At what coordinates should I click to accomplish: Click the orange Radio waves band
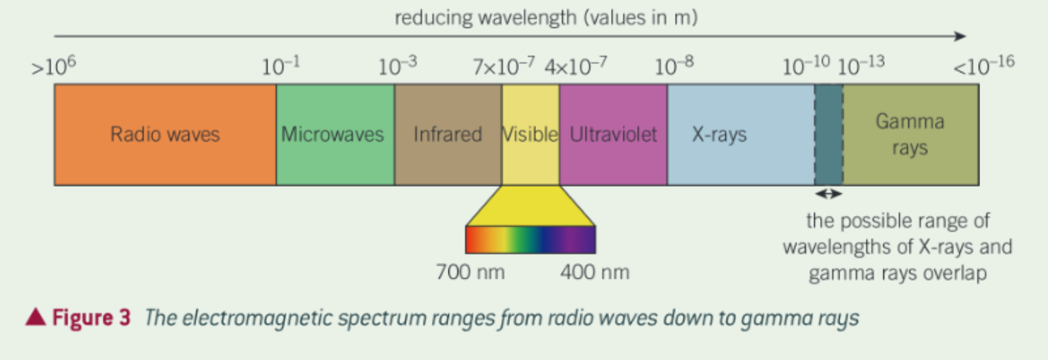coord(165,135)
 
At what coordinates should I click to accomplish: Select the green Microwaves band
coord(335,135)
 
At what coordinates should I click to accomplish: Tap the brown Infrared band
coord(448,135)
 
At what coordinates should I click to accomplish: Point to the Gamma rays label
coord(910,135)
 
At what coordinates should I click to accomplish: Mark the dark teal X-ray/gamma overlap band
coord(829,135)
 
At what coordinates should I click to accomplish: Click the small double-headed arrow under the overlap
coord(829,194)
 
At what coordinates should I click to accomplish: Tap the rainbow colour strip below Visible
coord(530,240)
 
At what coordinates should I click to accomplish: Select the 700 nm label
coord(470,272)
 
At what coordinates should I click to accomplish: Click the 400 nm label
coord(595,272)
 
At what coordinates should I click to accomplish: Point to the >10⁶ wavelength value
coord(53,66)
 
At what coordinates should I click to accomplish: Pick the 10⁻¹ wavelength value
coord(280,66)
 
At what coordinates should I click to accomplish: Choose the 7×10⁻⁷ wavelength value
coord(503,66)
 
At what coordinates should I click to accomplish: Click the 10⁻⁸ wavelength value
coord(674,66)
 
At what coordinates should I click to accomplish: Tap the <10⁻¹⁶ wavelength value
coord(984,65)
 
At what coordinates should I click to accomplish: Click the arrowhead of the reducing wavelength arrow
coord(960,36)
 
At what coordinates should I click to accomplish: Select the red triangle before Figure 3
coord(36,316)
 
